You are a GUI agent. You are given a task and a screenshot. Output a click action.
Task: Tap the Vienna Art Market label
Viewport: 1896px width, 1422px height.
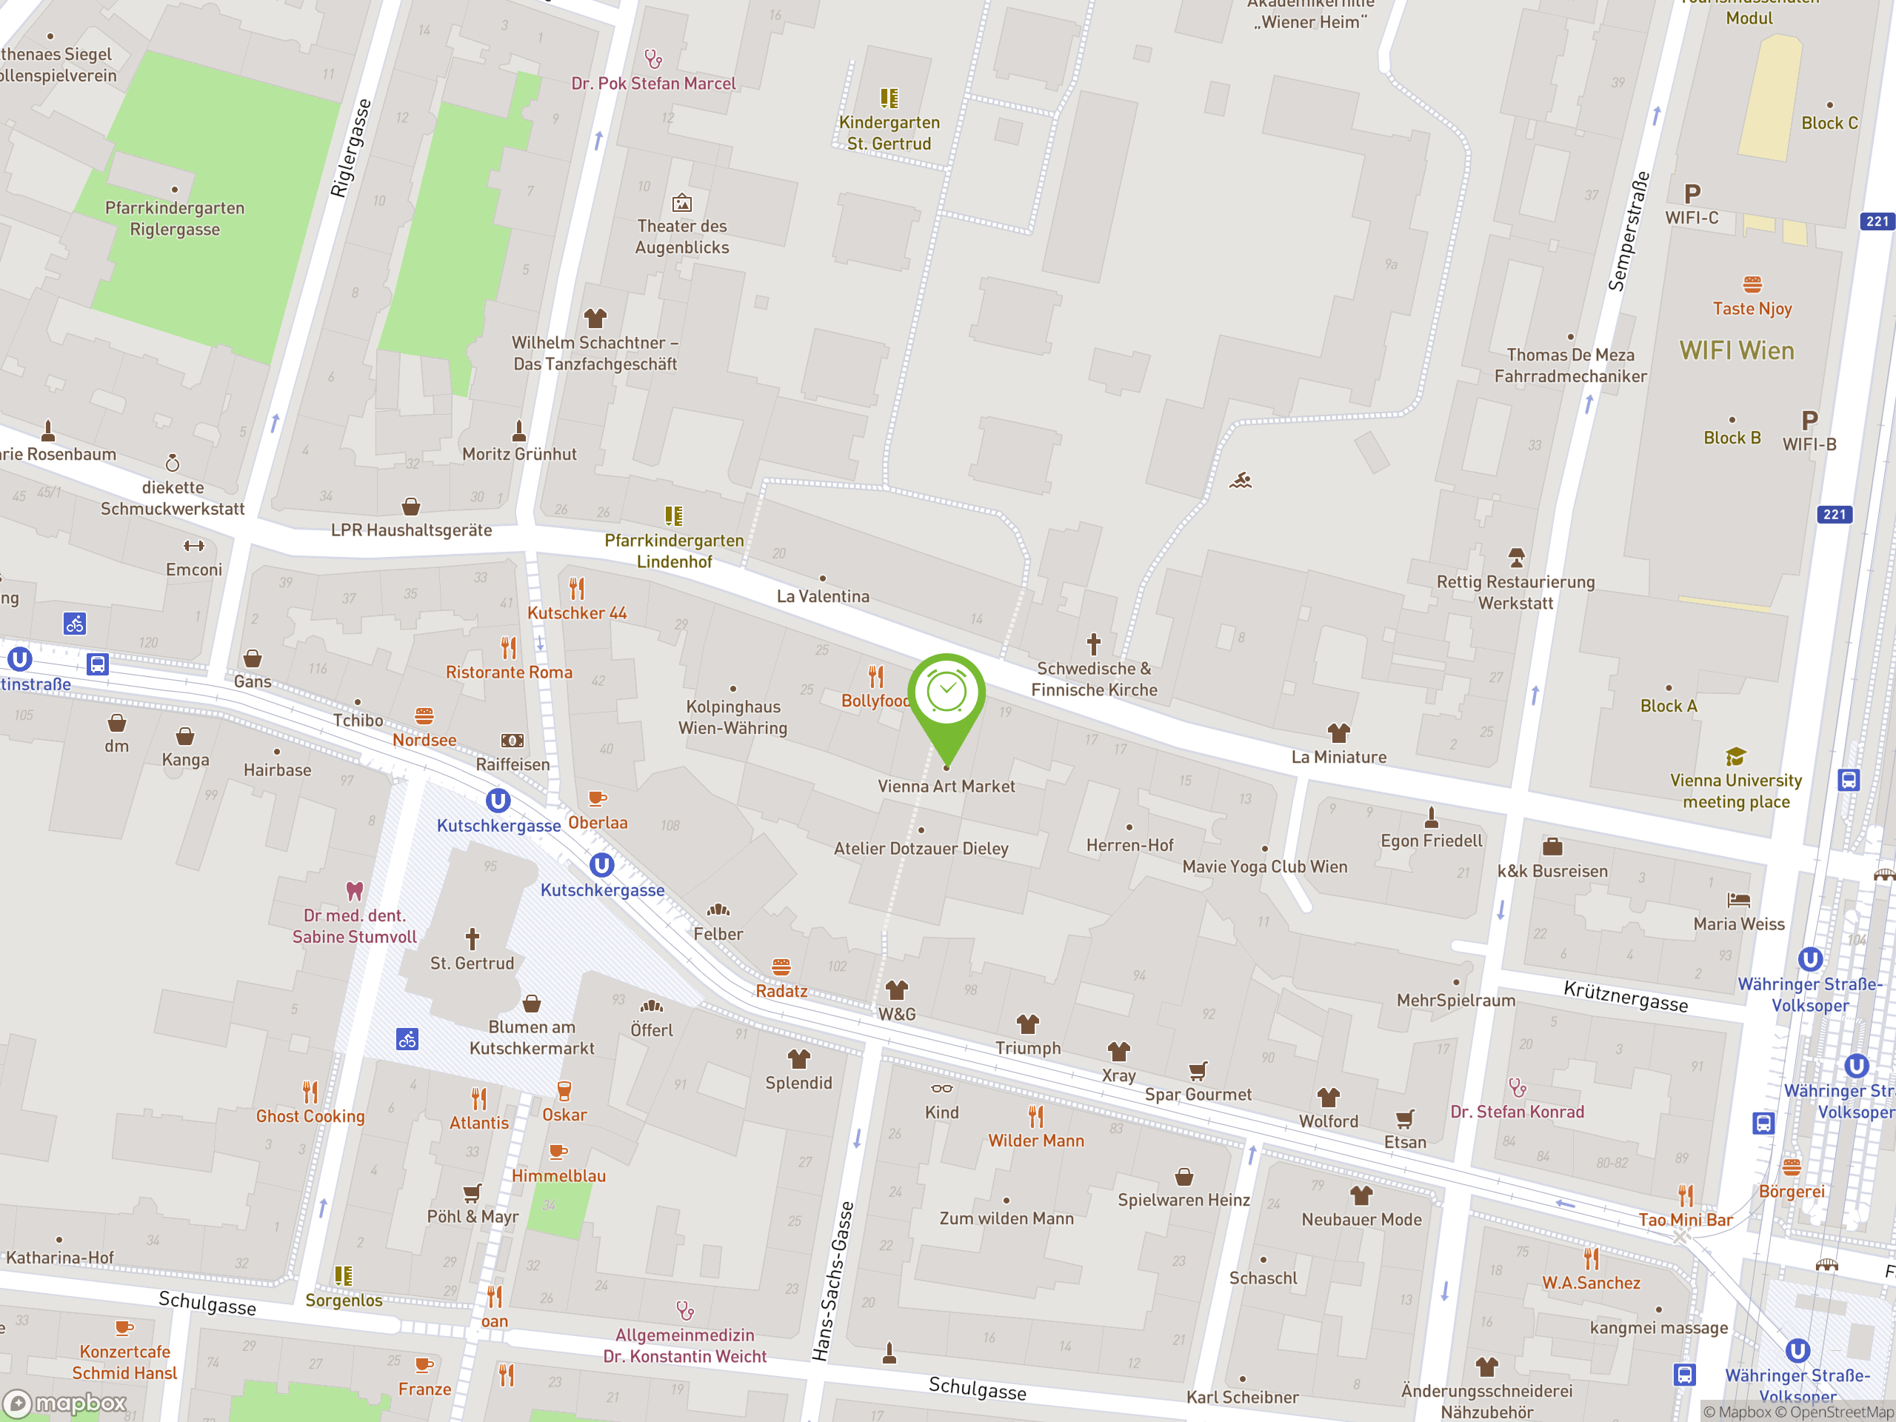point(946,786)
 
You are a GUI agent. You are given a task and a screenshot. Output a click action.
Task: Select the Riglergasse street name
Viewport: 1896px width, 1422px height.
point(352,148)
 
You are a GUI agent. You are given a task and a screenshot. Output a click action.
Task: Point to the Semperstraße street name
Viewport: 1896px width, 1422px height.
point(1629,231)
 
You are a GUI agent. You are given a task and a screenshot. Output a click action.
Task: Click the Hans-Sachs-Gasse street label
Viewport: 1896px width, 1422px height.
point(833,1281)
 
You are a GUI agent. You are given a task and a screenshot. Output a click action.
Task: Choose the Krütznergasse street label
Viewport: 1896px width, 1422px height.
point(1625,996)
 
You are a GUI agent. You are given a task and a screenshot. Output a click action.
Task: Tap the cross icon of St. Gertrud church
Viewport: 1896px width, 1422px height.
point(473,938)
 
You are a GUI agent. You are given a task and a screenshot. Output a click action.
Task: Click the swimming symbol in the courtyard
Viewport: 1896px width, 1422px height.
point(1241,481)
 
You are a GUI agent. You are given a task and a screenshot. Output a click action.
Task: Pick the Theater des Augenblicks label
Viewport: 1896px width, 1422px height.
point(681,236)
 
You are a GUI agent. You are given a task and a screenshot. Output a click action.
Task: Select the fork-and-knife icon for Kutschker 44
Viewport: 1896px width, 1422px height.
point(577,589)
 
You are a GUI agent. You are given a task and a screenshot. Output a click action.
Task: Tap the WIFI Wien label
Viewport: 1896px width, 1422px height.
point(1736,350)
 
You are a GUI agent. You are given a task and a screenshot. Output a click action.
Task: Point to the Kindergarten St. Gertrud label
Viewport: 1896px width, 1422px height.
point(889,133)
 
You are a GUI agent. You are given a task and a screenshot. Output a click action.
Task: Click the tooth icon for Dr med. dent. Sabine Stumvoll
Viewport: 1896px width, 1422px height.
point(354,890)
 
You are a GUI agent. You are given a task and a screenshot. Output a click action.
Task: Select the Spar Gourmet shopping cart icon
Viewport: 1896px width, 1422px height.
point(1198,1070)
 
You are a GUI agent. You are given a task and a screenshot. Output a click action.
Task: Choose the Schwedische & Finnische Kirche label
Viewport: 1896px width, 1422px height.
point(1094,679)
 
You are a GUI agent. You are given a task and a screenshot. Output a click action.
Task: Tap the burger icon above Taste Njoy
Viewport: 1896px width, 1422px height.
point(1752,284)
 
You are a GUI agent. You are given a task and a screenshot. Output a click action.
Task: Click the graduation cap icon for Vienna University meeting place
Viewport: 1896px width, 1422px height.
point(1736,756)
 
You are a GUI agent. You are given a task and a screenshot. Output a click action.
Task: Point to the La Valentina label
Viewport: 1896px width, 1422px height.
point(822,595)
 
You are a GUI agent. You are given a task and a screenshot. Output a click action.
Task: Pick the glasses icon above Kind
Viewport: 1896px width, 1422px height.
point(941,1089)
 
